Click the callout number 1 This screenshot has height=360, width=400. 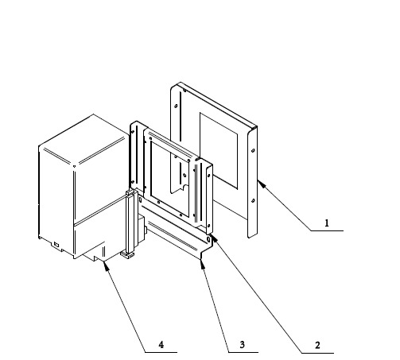click(x=327, y=223)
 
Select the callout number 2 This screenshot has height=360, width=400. click(x=317, y=345)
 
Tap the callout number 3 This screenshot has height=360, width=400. click(x=242, y=345)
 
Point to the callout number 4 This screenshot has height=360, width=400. click(x=161, y=345)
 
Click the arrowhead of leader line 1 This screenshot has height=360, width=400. click(x=261, y=184)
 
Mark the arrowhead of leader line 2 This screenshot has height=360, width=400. click(x=214, y=238)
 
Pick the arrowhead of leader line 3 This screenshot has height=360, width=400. click(x=203, y=264)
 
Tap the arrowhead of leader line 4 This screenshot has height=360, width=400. click(x=106, y=266)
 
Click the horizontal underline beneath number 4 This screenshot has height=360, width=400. click(x=161, y=352)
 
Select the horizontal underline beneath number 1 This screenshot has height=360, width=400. click(x=327, y=231)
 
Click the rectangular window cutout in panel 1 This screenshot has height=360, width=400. click(x=219, y=151)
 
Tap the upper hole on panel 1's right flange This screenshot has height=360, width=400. click(x=253, y=150)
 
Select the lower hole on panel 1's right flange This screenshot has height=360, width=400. click(x=253, y=201)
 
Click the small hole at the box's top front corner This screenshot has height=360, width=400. click(x=74, y=166)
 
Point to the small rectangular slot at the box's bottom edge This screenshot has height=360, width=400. click(x=56, y=244)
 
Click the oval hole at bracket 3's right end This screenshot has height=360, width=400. click(x=208, y=240)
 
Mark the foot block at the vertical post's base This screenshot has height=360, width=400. click(x=128, y=255)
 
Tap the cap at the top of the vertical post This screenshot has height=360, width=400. click(x=131, y=192)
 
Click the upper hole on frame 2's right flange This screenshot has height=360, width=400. click(x=208, y=176)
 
